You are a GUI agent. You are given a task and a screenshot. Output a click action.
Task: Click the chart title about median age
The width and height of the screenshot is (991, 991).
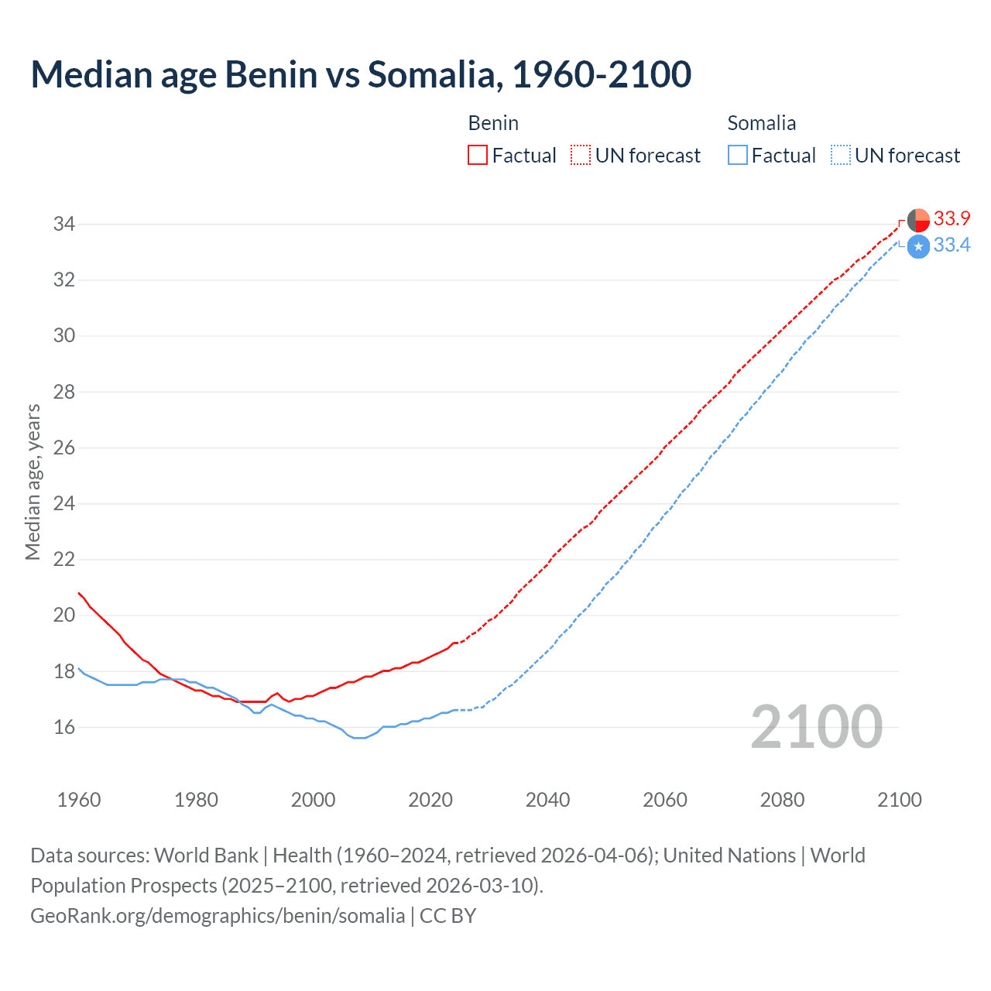point(361,75)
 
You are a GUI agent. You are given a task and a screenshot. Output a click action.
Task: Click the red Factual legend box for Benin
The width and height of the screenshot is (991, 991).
point(478,156)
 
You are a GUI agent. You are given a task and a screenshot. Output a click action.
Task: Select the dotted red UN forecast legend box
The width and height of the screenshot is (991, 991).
point(581,156)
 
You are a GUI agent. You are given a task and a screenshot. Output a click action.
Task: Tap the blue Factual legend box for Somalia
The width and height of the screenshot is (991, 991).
point(738,156)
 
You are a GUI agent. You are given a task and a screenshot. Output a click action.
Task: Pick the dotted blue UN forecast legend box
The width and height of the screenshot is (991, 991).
point(840,156)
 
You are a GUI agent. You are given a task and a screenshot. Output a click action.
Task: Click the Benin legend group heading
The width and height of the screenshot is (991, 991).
point(493,123)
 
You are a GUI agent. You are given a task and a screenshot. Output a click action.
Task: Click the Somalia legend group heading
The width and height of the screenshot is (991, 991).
point(762,123)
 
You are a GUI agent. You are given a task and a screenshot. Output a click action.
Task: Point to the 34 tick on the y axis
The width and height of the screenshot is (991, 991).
point(63,225)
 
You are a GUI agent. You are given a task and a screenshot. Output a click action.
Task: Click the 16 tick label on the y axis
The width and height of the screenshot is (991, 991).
point(63,727)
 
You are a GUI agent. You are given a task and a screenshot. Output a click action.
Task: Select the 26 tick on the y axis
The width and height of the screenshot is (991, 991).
point(63,447)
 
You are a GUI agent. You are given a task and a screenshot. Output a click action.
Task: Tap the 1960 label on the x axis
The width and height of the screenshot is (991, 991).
point(79,800)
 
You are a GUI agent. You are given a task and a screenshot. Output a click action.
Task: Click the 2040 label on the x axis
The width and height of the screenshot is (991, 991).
point(547,800)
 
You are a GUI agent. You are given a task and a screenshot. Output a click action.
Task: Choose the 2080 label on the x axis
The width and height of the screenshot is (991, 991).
point(782,800)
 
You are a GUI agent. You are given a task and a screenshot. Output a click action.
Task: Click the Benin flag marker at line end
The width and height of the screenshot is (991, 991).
point(918,221)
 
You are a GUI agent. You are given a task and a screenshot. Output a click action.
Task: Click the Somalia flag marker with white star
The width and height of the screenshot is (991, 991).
point(918,247)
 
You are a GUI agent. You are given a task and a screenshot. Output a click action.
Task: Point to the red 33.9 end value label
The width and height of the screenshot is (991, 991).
point(952,219)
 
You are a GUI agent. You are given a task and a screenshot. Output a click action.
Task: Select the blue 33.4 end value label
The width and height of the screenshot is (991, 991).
point(952,245)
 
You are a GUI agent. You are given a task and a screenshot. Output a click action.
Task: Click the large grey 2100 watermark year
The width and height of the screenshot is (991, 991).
point(816,727)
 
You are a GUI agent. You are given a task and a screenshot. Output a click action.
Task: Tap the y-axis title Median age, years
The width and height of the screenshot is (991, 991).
point(33,482)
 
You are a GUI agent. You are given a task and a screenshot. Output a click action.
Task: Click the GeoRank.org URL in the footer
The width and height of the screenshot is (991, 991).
point(218,916)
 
